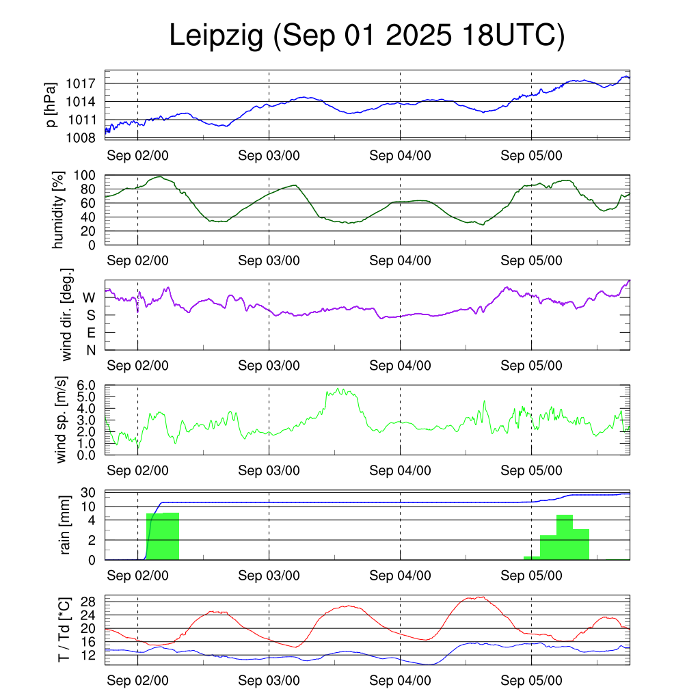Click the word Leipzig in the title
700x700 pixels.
click(216, 37)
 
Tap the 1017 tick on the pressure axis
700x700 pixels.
click(84, 84)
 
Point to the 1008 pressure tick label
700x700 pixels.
click(84, 137)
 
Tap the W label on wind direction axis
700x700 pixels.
click(90, 297)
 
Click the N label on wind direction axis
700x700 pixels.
click(90, 350)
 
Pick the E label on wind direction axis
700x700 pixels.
click(90, 333)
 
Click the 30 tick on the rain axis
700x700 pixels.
click(87, 493)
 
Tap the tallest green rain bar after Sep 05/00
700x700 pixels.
click(565, 537)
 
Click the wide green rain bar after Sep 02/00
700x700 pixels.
click(163, 537)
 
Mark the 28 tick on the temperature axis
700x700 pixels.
click(87, 602)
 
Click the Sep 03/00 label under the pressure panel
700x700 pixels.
click(269, 155)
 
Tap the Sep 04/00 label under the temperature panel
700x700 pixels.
click(401, 681)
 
